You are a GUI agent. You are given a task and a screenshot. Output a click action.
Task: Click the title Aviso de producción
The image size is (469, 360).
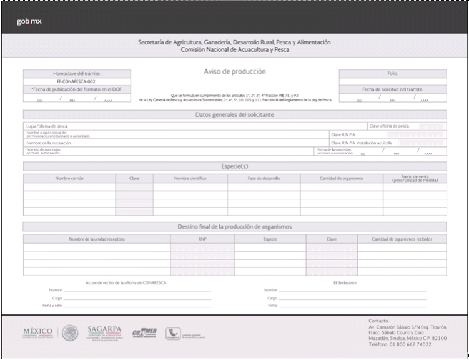(235, 71)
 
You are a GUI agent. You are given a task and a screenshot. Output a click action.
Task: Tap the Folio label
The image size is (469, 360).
(392, 73)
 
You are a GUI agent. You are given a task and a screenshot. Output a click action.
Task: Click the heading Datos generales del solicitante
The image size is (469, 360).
(235, 114)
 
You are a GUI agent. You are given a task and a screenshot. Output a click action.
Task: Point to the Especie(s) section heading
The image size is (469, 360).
(235, 166)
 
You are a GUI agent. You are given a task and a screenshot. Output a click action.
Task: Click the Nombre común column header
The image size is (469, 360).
(69, 178)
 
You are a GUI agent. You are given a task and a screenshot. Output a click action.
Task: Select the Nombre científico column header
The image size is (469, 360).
(190, 178)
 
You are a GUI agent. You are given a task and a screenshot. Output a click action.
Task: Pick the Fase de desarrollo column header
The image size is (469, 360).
(264, 178)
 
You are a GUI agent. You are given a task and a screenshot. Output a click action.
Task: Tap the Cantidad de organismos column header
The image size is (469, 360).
(341, 178)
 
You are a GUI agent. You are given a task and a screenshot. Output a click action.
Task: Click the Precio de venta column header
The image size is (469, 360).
(415, 179)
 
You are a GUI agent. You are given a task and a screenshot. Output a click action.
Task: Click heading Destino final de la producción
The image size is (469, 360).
(235, 226)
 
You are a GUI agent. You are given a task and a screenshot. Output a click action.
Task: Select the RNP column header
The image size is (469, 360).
(202, 239)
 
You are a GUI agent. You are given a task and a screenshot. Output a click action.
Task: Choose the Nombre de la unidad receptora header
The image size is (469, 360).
(97, 239)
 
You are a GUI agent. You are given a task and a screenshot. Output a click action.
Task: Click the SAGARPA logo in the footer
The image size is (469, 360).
(104, 331)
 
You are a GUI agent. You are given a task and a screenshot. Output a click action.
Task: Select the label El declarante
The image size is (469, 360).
(344, 283)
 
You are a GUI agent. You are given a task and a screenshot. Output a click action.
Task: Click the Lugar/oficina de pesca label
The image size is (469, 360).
(47, 126)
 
